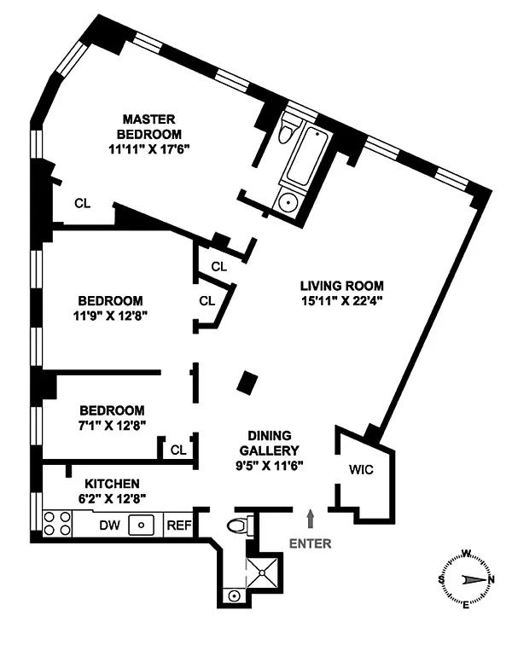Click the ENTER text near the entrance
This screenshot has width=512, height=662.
[310, 543]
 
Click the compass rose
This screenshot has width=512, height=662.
[465, 579]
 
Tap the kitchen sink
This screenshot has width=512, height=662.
[140, 526]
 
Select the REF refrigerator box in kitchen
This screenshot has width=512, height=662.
[178, 526]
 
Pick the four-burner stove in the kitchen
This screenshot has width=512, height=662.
[57, 522]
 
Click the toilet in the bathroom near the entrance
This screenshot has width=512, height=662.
[242, 525]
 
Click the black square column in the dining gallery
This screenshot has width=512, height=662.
[247, 383]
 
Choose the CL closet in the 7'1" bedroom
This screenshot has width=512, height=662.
[178, 450]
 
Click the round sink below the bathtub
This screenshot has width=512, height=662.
[288, 201]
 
